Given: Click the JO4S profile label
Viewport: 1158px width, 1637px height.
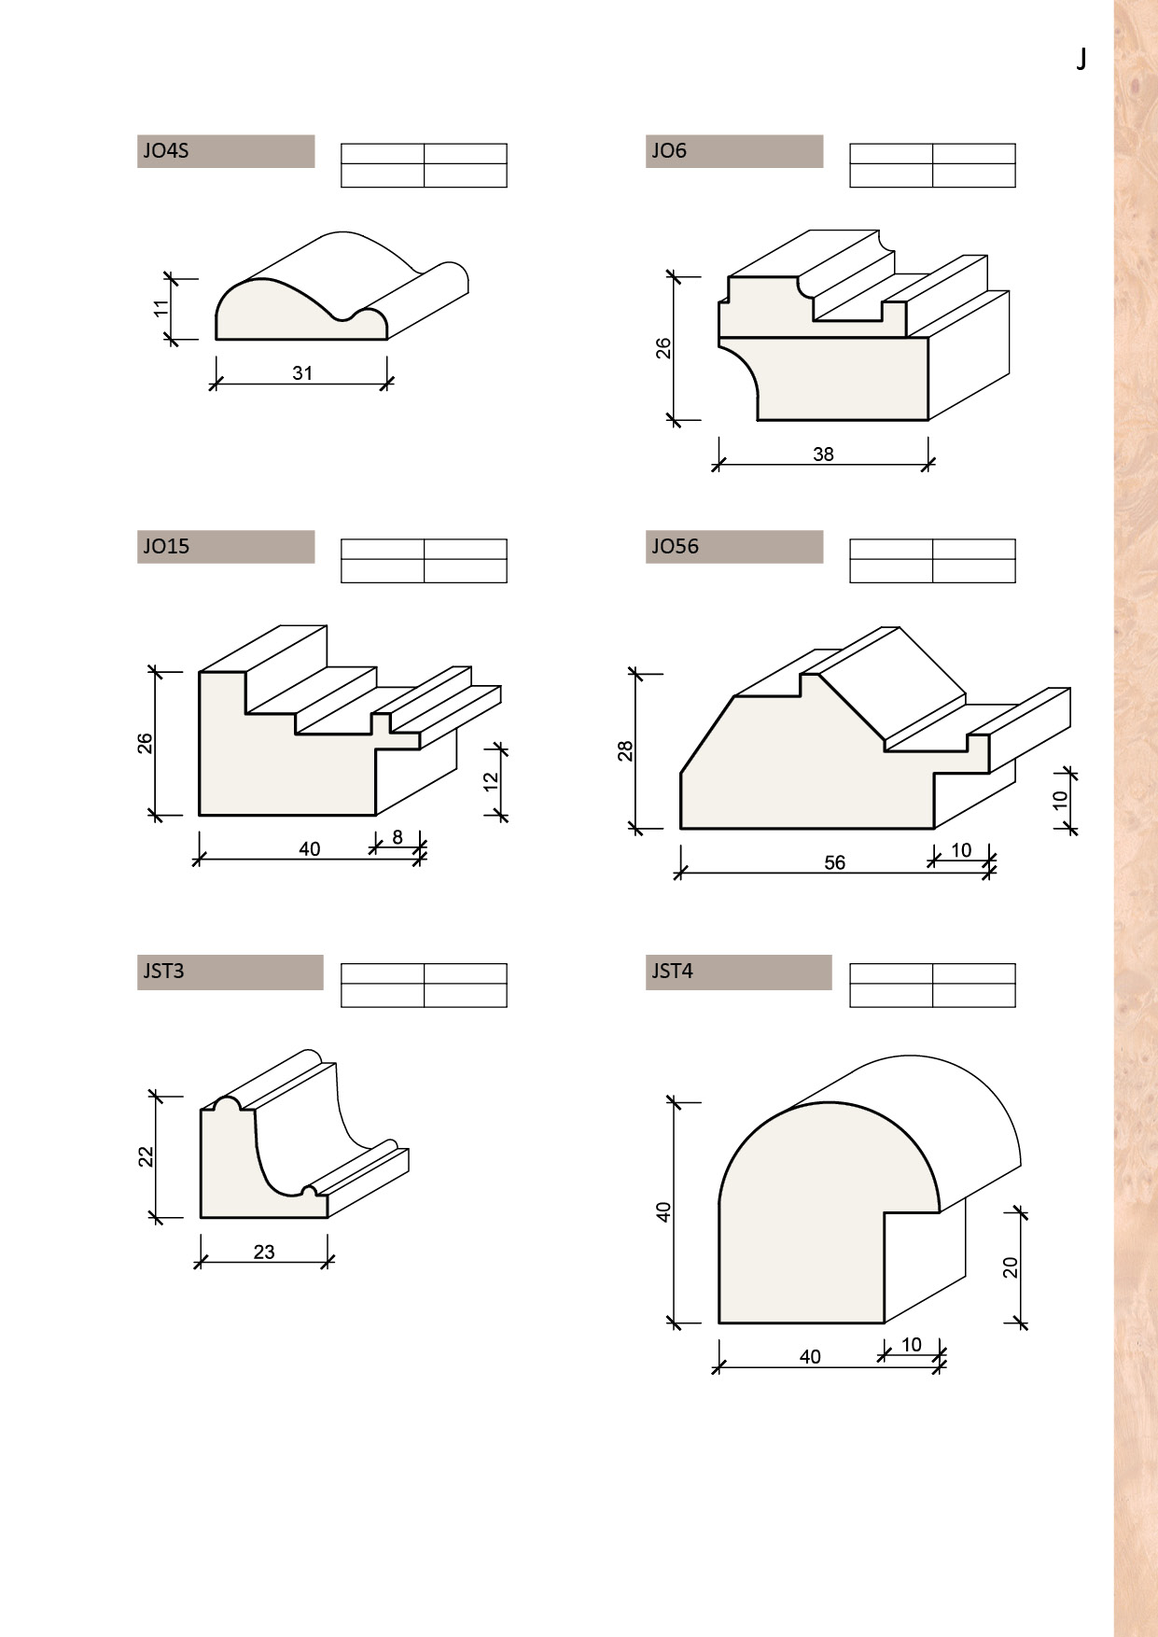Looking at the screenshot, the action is click(166, 150).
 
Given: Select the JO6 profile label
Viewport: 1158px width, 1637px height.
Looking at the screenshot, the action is click(669, 150).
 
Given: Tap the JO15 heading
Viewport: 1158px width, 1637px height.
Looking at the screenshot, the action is click(166, 546).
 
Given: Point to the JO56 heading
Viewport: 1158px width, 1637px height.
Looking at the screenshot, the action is click(675, 546).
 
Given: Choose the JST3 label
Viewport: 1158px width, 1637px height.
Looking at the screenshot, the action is click(163, 971).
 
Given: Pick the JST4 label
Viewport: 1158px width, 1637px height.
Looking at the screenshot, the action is click(672, 971).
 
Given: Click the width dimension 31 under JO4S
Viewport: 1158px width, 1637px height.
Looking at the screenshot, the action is click(302, 373).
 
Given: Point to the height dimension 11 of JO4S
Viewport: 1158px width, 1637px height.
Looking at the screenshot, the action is click(162, 308).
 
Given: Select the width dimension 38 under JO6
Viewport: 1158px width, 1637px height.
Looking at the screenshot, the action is click(823, 455).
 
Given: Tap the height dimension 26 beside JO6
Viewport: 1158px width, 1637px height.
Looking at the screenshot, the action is click(663, 348).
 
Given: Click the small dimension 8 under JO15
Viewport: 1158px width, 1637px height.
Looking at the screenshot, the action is click(398, 837).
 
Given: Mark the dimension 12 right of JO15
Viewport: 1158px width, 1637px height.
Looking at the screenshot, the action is click(492, 781).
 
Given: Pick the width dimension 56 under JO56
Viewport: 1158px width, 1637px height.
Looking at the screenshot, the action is click(835, 863).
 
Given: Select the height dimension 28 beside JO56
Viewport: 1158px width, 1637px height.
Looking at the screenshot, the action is click(625, 751).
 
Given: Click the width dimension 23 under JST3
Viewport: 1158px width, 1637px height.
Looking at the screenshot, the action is click(264, 1252).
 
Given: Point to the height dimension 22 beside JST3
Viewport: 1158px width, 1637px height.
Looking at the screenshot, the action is click(146, 1156).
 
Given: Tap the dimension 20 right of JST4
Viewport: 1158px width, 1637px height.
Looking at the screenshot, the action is click(1011, 1267).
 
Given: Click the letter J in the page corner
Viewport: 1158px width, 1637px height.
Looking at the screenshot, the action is click(1081, 60).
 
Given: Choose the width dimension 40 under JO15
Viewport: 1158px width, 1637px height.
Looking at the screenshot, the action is click(309, 849).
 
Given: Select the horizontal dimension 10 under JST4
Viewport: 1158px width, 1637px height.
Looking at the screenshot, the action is click(912, 1345).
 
